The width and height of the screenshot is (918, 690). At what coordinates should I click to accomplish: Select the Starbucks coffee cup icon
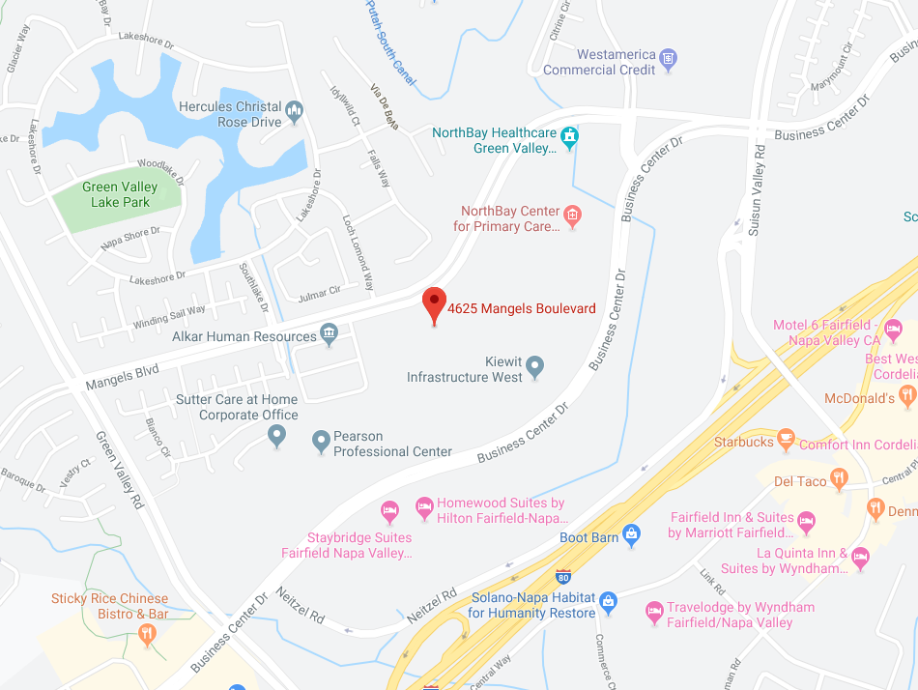[x=786, y=441]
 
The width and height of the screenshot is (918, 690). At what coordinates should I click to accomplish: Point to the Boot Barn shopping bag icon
[x=631, y=533]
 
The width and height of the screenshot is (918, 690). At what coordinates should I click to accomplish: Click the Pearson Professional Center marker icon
[x=322, y=443]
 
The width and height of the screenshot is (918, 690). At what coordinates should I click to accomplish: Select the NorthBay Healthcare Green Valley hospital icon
[x=570, y=136]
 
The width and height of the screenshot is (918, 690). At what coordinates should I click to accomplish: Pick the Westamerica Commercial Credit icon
[x=668, y=61]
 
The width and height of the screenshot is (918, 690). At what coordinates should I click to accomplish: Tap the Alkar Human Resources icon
[x=329, y=334]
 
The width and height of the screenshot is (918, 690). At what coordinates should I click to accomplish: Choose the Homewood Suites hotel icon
[x=423, y=504]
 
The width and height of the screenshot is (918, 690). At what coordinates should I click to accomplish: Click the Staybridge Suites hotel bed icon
[x=388, y=509]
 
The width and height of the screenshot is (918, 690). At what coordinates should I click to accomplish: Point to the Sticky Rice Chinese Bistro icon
[x=147, y=634]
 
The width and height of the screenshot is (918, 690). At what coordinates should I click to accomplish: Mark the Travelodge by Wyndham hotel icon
[x=654, y=612]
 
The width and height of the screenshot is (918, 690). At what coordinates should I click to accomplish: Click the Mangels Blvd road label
[x=121, y=369]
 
